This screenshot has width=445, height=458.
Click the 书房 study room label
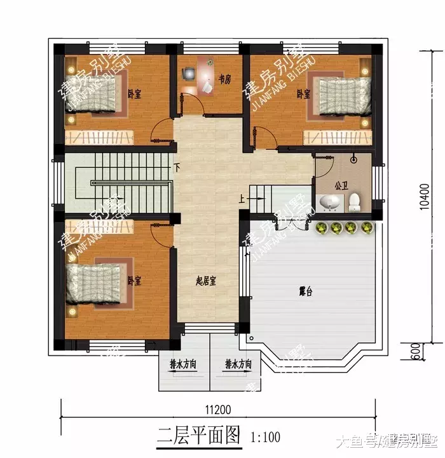point(224,80)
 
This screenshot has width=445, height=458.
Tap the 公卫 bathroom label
point(341,186)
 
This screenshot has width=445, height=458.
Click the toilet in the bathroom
point(355,202)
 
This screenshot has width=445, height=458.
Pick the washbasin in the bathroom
point(331,203)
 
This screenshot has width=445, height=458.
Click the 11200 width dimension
point(217,409)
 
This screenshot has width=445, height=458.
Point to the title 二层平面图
point(199,436)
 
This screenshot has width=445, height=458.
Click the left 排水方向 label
point(183,365)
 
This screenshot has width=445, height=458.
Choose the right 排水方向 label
point(238,365)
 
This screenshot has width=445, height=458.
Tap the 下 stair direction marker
point(177,168)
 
